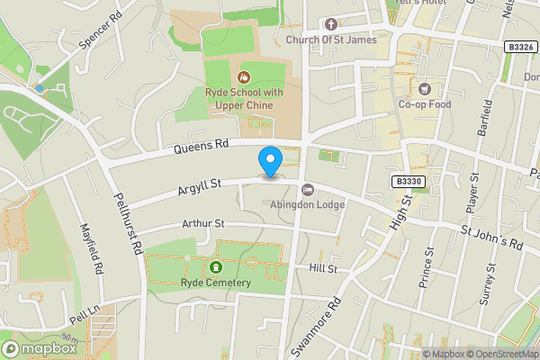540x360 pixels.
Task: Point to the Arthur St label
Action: point(202,223)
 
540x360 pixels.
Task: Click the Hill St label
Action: point(322,268)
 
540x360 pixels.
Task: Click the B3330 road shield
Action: point(409,182)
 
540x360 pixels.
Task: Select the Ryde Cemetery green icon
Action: point(216,267)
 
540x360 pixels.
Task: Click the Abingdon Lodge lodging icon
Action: point(308,190)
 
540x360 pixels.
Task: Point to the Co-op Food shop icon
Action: point(423,88)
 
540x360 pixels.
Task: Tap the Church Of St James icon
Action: point(331,24)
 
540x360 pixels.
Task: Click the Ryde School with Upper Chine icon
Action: point(242,76)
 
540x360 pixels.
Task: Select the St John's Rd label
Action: point(491,238)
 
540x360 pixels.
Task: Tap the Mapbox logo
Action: point(39,347)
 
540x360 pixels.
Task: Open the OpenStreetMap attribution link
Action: point(502,354)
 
